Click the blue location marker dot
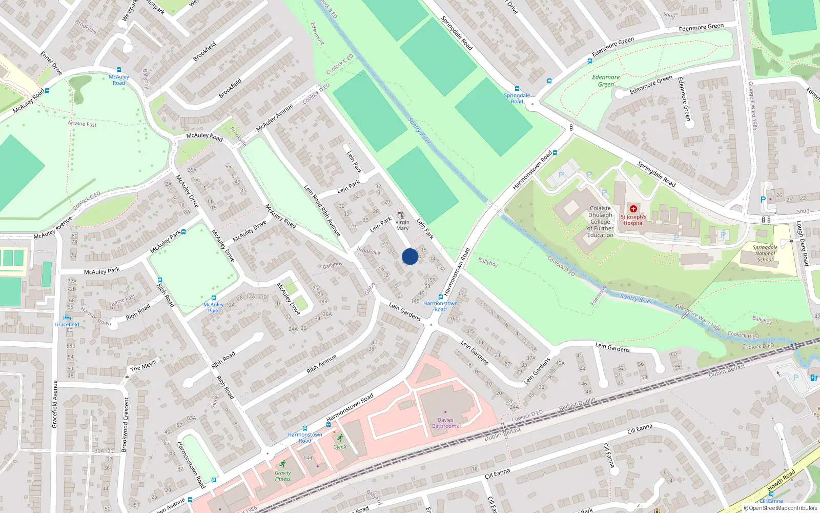[410, 256]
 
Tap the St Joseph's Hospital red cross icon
[633, 209]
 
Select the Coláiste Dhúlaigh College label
[600, 222]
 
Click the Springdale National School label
[765, 253]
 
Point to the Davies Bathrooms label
[445, 423]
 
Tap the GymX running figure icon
[340, 438]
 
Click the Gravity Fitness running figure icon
[282, 464]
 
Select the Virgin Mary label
[402, 225]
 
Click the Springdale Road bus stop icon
[517, 89]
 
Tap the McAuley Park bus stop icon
[214, 298]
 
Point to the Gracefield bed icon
[67, 318]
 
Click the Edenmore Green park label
[606, 81]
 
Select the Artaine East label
[82, 124]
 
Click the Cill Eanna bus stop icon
[771, 494]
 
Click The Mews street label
[143, 366]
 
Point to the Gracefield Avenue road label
[55, 404]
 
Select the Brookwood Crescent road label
[124, 425]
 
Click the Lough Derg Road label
[802, 243]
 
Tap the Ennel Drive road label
[51, 63]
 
